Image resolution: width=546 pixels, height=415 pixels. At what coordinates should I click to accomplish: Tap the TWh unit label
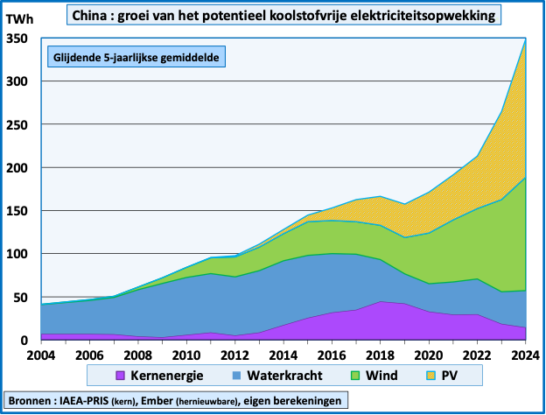coord(20,18)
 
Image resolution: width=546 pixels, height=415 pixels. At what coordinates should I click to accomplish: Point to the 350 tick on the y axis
coord(17,39)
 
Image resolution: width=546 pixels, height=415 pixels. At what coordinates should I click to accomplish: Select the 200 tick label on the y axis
coord(17,167)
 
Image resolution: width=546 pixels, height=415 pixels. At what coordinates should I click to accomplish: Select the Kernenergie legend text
coord(169,376)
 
